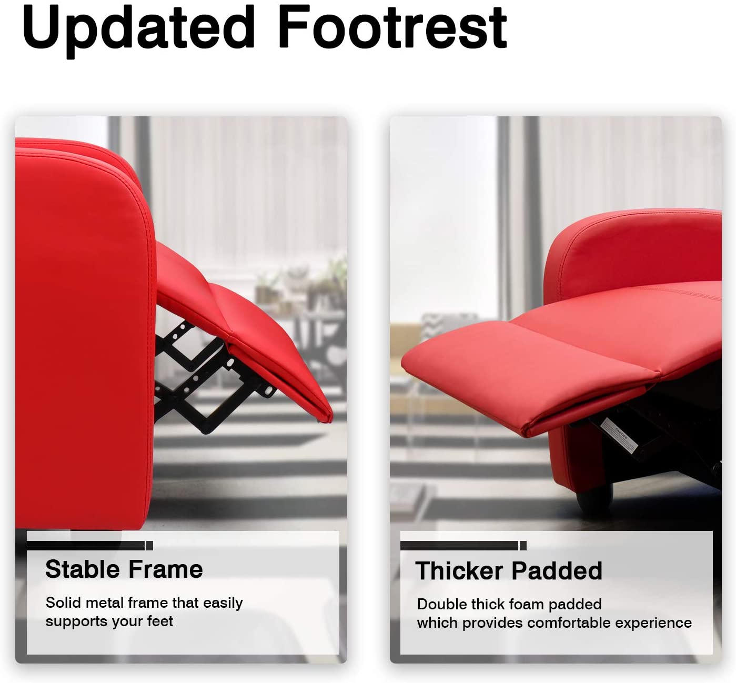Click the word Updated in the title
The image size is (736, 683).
138,30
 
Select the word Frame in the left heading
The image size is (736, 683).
166,569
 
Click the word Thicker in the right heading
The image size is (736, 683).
458,570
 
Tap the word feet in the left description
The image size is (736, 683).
160,621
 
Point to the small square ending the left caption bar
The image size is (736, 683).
150,546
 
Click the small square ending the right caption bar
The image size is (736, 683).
523,546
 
